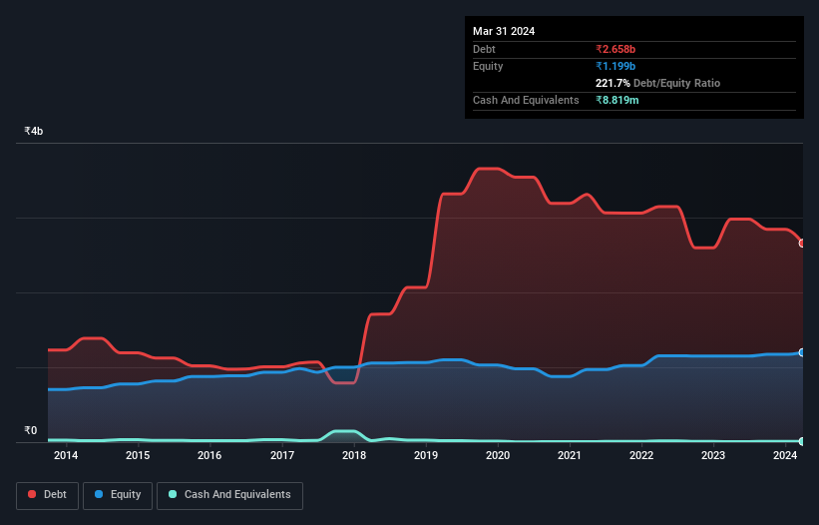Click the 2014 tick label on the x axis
pyautogui.click(x=66, y=456)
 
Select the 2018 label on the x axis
pyautogui.click(x=353, y=456)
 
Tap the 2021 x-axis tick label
pyautogui.click(x=570, y=456)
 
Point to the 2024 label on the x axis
pyautogui.click(x=785, y=456)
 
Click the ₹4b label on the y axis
pyautogui.click(x=34, y=132)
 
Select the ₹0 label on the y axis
pyautogui.click(x=30, y=431)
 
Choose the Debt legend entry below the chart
pyautogui.click(x=50, y=494)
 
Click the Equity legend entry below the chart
pyautogui.click(x=120, y=494)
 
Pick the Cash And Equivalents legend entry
pyautogui.click(x=229, y=494)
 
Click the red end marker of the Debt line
pyautogui.click(x=802, y=243)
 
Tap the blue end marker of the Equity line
pyautogui.click(x=802, y=352)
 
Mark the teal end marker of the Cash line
pyautogui.click(x=802, y=441)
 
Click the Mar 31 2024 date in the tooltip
pyautogui.click(x=504, y=31)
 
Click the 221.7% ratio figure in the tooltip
pyautogui.click(x=614, y=83)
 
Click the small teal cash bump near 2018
pyautogui.click(x=343, y=432)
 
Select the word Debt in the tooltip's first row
pyautogui.click(x=486, y=49)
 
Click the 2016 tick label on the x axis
pyautogui.click(x=209, y=456)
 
